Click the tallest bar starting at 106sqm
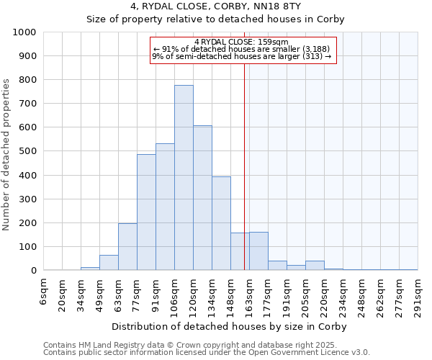(184, 178)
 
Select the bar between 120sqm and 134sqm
(202, 198)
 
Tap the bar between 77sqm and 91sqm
(146, 212)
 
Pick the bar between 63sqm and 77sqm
(127, 247)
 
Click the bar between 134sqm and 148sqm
(221, 223)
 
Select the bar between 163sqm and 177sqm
(258, 251)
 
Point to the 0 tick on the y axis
(33, 271)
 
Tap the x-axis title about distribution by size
(230, 326)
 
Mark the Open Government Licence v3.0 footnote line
(207, 353)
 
